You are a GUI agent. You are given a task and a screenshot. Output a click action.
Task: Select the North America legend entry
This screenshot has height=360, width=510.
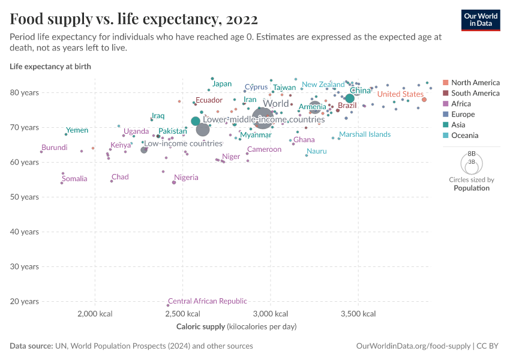tap(475, 82)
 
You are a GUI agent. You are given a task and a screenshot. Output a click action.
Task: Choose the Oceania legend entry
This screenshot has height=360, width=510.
tap(464, 136)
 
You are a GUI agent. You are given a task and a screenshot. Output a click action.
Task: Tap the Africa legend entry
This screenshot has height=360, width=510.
tap(461, 104)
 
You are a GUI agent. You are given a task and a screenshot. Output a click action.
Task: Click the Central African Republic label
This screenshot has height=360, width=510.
tap(207, 301)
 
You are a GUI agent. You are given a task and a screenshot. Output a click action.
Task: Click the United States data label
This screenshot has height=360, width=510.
tap(400, 94)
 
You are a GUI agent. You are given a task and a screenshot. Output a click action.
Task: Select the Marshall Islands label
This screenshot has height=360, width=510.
tap(365, 134)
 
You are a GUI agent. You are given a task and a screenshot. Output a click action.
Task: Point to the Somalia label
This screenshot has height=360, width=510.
tap(74, 179)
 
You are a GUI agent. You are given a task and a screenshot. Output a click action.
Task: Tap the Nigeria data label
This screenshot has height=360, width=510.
tap(186, 178)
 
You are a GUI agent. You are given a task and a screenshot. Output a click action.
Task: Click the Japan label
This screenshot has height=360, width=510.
tap(222, 84)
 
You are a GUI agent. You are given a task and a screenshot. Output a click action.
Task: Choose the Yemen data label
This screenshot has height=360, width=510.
tap(77, 130)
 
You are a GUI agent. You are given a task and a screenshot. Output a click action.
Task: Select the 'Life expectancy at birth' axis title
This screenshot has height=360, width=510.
tap(50, 67)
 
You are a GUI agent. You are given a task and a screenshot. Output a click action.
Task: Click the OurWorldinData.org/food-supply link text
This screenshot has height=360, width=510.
tap(413, 346)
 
